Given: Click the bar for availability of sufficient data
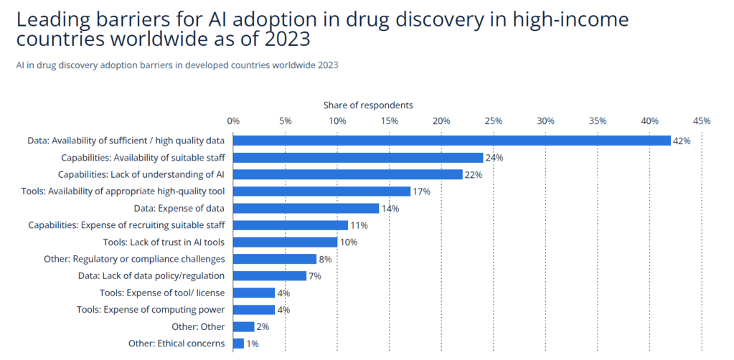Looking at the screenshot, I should (x=452, y=141).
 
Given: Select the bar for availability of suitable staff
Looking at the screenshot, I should (x=358, y=157).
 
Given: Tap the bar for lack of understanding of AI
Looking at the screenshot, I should (x=348, y=174).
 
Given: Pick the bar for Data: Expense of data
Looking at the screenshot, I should (x=306, y=208).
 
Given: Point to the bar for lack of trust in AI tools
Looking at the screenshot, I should (x=286, y=242).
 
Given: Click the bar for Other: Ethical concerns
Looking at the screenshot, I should (x=239, y=344).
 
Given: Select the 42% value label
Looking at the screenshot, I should (x=682, y=141).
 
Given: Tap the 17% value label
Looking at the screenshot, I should (x=421, y=191).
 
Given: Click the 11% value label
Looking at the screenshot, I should (x=359, y=225).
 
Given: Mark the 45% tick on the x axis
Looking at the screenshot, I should (x=701, y=120).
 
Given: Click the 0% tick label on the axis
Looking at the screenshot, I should (x=233, y=120).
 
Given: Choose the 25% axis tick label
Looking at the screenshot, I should (x=494, y=120).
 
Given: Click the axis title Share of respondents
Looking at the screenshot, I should (x=368, y=105).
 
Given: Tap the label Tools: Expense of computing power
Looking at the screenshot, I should (x=151, y=310).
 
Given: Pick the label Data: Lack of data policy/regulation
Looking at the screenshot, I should (x=151, y=276).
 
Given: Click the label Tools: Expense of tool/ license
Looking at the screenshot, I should (x=162, y=293).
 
